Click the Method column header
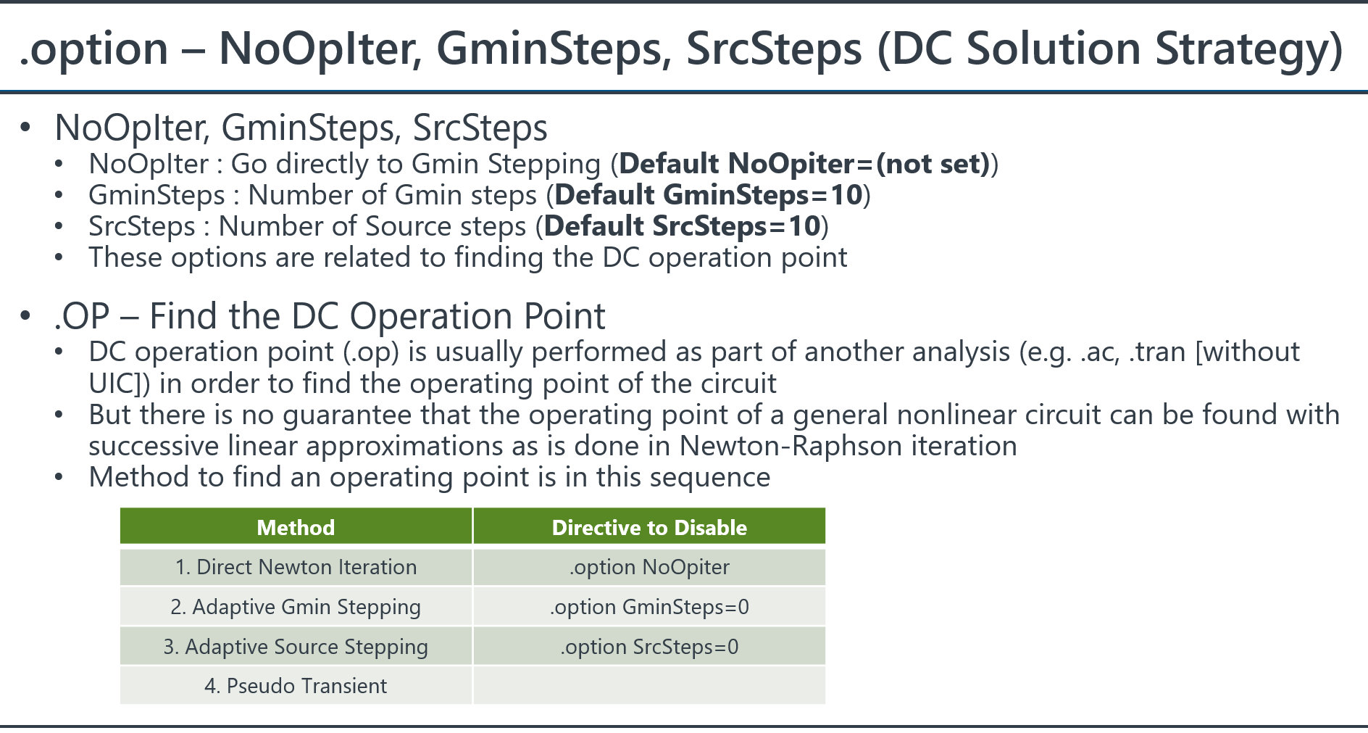296,526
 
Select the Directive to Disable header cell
649,526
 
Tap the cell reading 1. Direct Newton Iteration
296,567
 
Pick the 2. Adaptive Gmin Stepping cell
296,607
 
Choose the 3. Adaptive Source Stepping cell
296,647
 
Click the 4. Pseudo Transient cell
296,686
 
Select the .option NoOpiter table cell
649,567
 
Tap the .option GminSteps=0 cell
649,607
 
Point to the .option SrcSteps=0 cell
649,647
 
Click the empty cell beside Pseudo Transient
649,686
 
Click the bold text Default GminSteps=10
709,195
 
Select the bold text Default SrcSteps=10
682,226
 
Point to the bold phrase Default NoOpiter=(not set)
804,164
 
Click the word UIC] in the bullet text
120,384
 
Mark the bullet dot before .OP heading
26,316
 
